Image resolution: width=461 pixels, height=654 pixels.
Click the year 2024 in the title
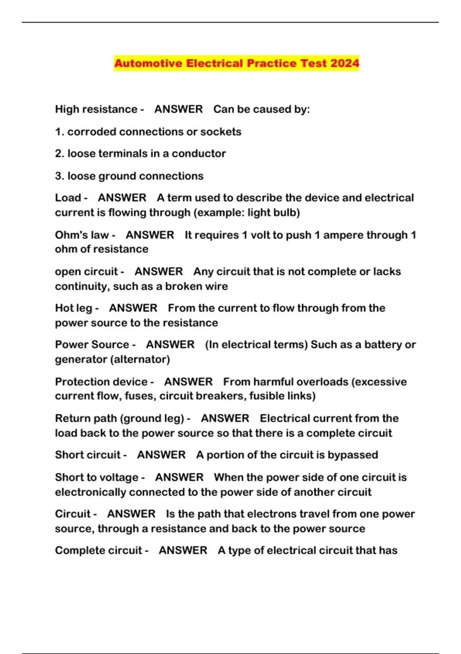344,63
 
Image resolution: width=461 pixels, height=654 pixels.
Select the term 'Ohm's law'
82,235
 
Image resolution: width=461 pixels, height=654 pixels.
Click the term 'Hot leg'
74,308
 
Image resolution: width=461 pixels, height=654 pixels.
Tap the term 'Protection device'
101,382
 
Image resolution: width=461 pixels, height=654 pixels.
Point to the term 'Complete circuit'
99,551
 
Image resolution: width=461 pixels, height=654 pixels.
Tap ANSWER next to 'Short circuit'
161,455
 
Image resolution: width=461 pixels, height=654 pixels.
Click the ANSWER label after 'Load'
122,198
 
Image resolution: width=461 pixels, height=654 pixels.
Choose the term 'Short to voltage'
97,477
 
